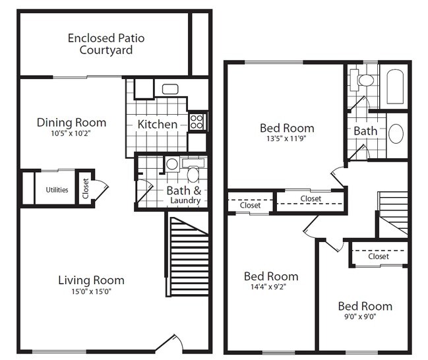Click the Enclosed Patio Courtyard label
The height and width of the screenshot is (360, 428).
tap(106, 44)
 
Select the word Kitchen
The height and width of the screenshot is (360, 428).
tap(157, 124)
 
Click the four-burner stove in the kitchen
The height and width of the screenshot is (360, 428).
tap(197, 121)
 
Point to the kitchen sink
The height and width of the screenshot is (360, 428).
tap(169, 89)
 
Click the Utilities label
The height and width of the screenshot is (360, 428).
tap(57, 190)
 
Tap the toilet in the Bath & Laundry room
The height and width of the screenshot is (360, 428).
tap(193, 174)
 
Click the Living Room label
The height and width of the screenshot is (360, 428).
tap(91, 280)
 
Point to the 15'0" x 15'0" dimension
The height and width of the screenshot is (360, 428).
tap(91, 292)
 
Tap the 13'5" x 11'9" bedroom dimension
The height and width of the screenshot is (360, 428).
tap(286, 139)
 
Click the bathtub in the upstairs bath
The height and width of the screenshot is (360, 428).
tap(396, 86)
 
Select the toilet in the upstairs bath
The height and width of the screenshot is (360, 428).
tap(365, 80)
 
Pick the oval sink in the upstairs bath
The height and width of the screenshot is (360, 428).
tap(396, 133)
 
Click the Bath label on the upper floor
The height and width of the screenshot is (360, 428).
tap(365, 131)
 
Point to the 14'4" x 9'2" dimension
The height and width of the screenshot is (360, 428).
tap(270, 287)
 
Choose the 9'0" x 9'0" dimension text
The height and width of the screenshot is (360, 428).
tap(365, 317)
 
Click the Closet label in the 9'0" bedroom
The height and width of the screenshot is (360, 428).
tap(379, 256)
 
